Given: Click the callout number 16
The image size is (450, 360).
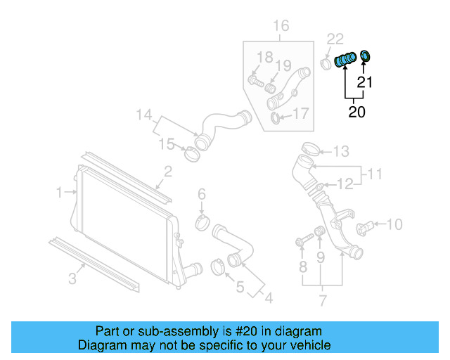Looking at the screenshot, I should pyautogui.click(x=281, y=27).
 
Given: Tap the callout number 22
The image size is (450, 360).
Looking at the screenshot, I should pyautogui.click(x=335, y=39).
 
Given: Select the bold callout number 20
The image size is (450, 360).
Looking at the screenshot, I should pyautogui.click(x=356, y=111).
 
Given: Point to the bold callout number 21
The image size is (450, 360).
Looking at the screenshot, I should pyautogui.click(x=364, y=82).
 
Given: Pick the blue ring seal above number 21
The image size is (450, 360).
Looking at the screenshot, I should pyautogui.click(x=366, y=56).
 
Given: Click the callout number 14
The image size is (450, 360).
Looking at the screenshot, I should pyautogui.click(x=143, y=115).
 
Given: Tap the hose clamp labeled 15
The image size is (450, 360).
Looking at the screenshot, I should pyautogui.click(x=191, y=153).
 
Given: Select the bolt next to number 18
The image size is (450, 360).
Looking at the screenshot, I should pyautogui.click(x=255, y=82).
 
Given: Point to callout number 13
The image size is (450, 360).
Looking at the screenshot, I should pyautogui.click(x=340, y=150).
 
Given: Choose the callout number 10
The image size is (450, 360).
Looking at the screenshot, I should pyautogui.click(x=394, y=224).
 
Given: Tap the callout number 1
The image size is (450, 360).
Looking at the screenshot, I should pyautogui.click(x=60, y=191).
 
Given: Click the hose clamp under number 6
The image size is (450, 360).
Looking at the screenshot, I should pyautogui.click(x=202, y=225).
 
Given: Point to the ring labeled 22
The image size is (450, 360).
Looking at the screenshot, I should pyautogui.click(x=327, y=65).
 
